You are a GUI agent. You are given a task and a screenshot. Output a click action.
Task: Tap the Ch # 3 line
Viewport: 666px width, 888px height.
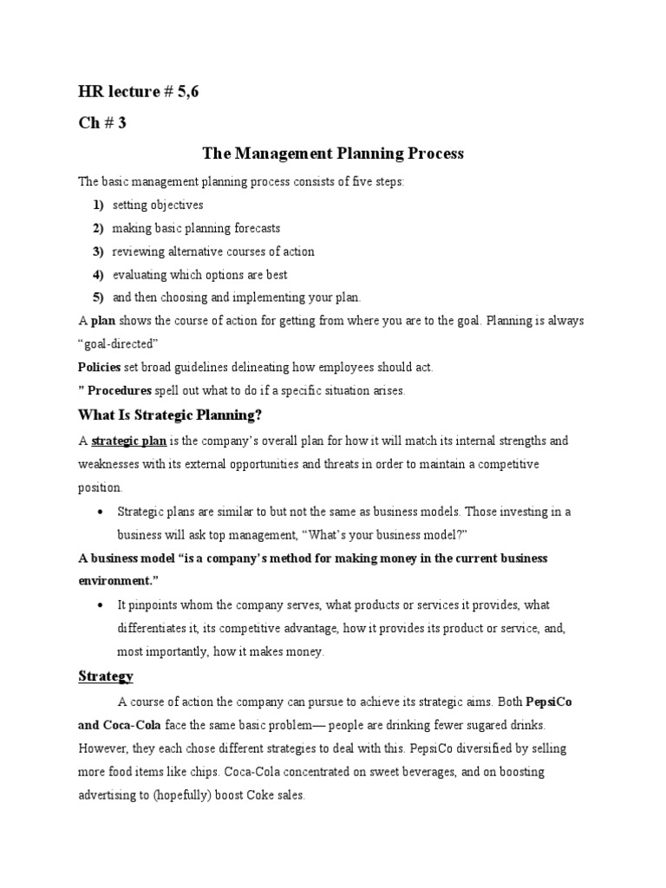coord(102,122)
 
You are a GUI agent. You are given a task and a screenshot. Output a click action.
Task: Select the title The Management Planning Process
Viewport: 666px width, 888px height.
coord(333,153)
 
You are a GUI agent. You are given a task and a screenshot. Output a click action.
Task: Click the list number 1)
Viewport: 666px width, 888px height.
coord(98,206)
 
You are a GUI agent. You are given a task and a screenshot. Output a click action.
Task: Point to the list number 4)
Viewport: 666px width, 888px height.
coord(98,274)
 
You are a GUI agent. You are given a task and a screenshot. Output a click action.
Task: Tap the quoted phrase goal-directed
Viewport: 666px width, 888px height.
coord(118,343)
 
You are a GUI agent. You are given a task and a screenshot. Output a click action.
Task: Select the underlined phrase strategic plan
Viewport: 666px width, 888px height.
coord(128,441)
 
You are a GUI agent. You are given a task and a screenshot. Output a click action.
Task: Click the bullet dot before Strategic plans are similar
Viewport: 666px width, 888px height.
coord(102,512)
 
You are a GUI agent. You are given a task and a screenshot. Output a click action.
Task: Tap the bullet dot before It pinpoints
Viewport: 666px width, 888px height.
coord(102,604)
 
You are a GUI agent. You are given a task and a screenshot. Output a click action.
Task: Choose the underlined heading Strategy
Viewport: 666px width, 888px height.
coord(106,676)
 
